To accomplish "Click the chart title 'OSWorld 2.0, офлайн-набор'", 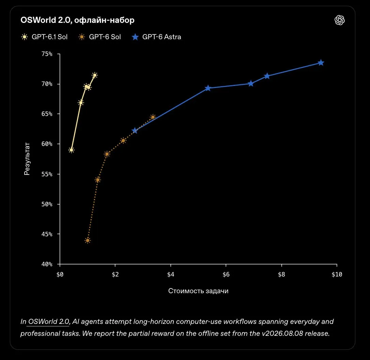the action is coord(77,20).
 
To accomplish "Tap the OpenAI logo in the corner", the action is coord(340,20).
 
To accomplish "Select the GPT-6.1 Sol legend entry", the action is coord(44,37).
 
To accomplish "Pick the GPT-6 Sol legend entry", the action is coord(99,37).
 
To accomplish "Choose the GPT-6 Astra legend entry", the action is coord(156,37).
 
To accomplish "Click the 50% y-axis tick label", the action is coord(47,204).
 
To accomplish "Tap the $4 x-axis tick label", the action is coord(171,274).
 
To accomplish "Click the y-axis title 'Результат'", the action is coord(27,159).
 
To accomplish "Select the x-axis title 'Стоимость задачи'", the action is coord(198,291).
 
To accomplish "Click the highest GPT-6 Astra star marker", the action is coord(321,63).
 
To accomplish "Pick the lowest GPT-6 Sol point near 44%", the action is coord(88,241).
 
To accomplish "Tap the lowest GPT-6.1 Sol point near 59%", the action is coord(71,150).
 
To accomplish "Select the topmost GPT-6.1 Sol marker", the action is coord(95,75).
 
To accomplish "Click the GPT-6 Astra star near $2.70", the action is coord(135,131).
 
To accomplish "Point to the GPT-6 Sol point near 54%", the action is coord(98,180).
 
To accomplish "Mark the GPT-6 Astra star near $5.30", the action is coord(207,88).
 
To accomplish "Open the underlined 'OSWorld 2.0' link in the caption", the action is coord(48,321).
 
